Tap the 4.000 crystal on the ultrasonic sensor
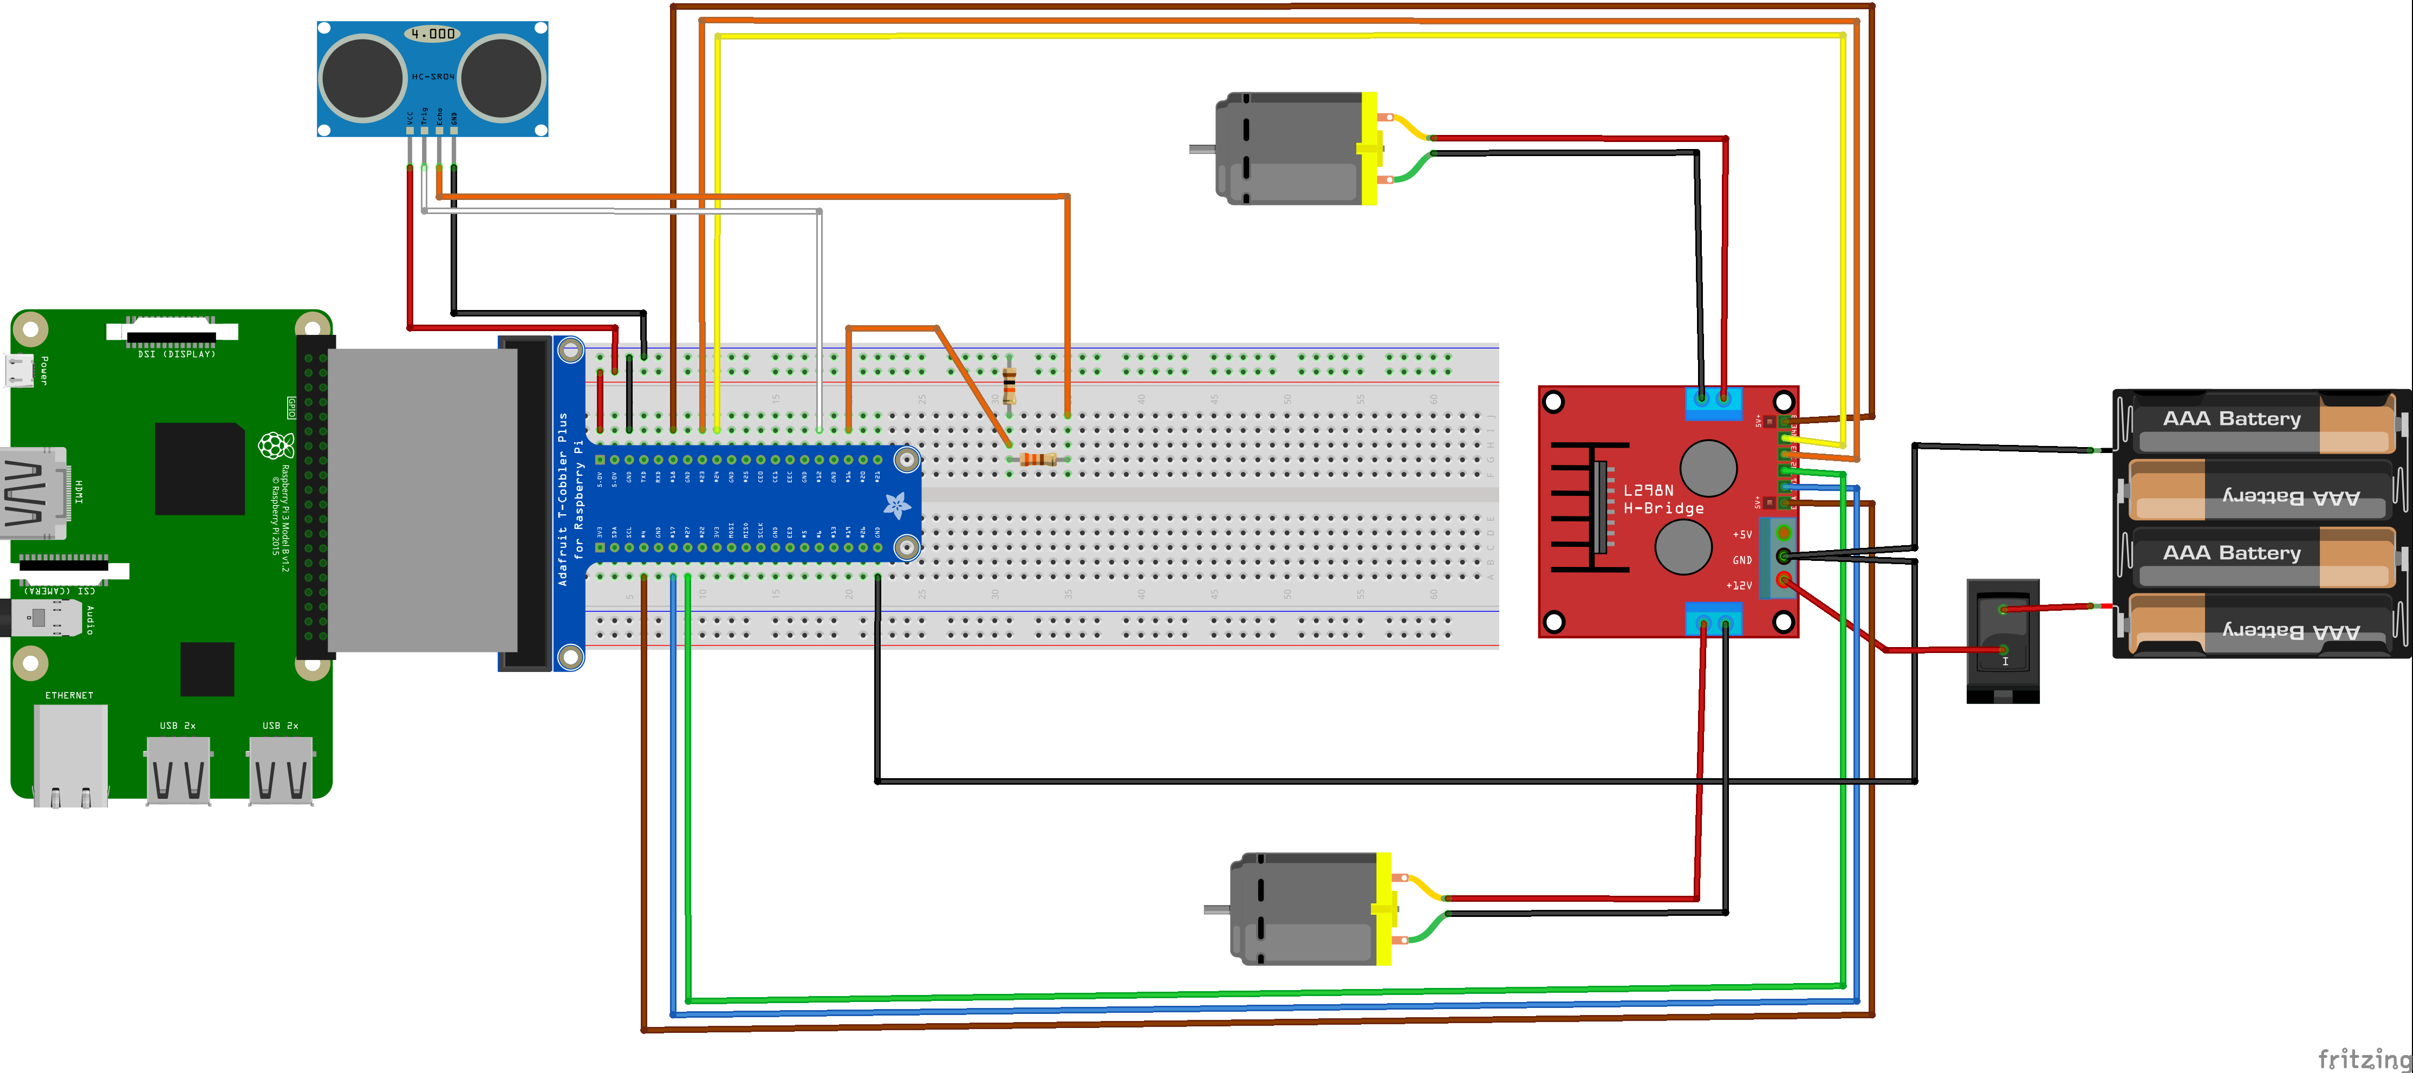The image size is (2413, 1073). [x=433, y=34]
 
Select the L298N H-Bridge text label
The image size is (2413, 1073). [x=1663, y=500]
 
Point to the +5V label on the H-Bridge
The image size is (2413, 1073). [x=1741, y=535]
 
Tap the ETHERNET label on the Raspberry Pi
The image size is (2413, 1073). [x=69, y=695]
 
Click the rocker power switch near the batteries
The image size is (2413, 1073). [x=2003, y=640]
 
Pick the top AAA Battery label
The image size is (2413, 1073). [x=2231, y=419]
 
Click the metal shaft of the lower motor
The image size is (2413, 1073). [x=1216, y=909]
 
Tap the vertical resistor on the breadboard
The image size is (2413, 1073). [x=1009, y=384]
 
